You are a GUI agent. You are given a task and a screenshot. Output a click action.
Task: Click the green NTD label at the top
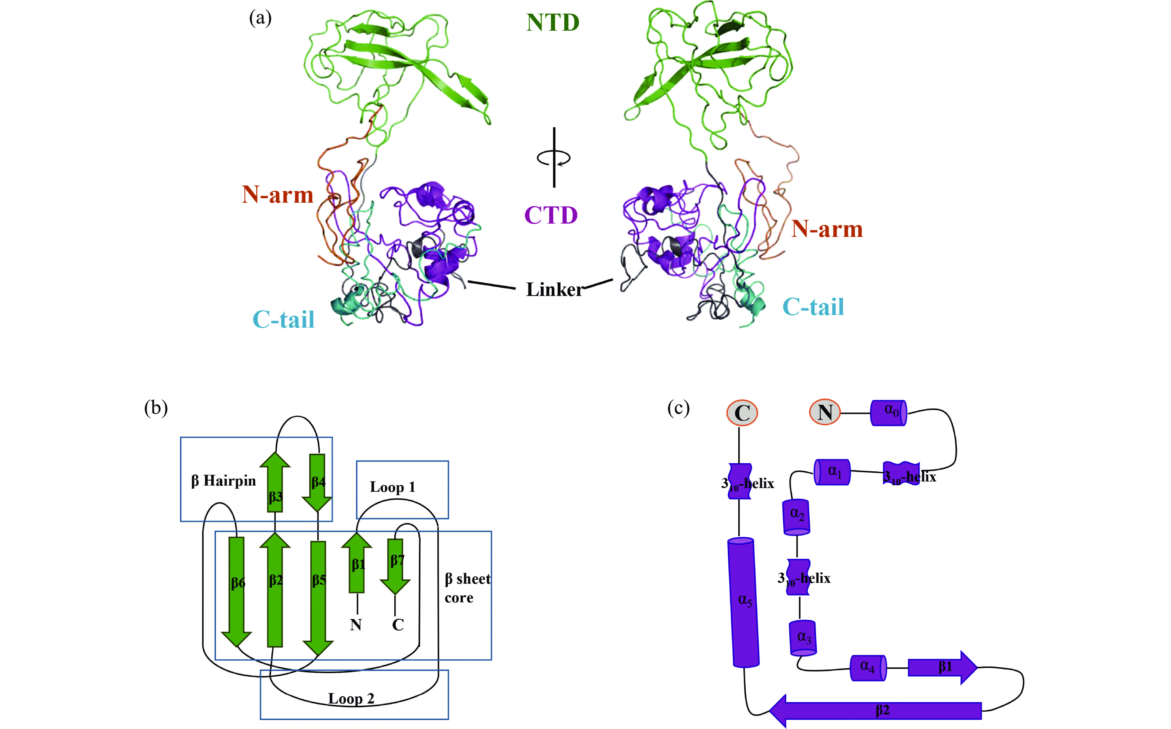553,23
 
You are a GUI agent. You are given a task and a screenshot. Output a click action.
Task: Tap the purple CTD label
551,215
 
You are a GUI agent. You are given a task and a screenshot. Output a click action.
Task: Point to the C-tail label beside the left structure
283,319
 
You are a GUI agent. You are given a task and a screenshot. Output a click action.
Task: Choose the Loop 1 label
393,487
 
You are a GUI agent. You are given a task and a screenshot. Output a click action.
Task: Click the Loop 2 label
351,698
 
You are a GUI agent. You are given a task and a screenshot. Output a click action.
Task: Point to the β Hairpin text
223,481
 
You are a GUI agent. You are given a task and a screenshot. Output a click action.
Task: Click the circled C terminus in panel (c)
742,413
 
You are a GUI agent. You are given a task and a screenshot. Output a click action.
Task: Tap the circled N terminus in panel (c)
825,413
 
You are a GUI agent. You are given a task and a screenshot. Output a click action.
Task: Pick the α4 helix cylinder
867,668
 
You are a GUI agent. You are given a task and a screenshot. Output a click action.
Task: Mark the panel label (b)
156,408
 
